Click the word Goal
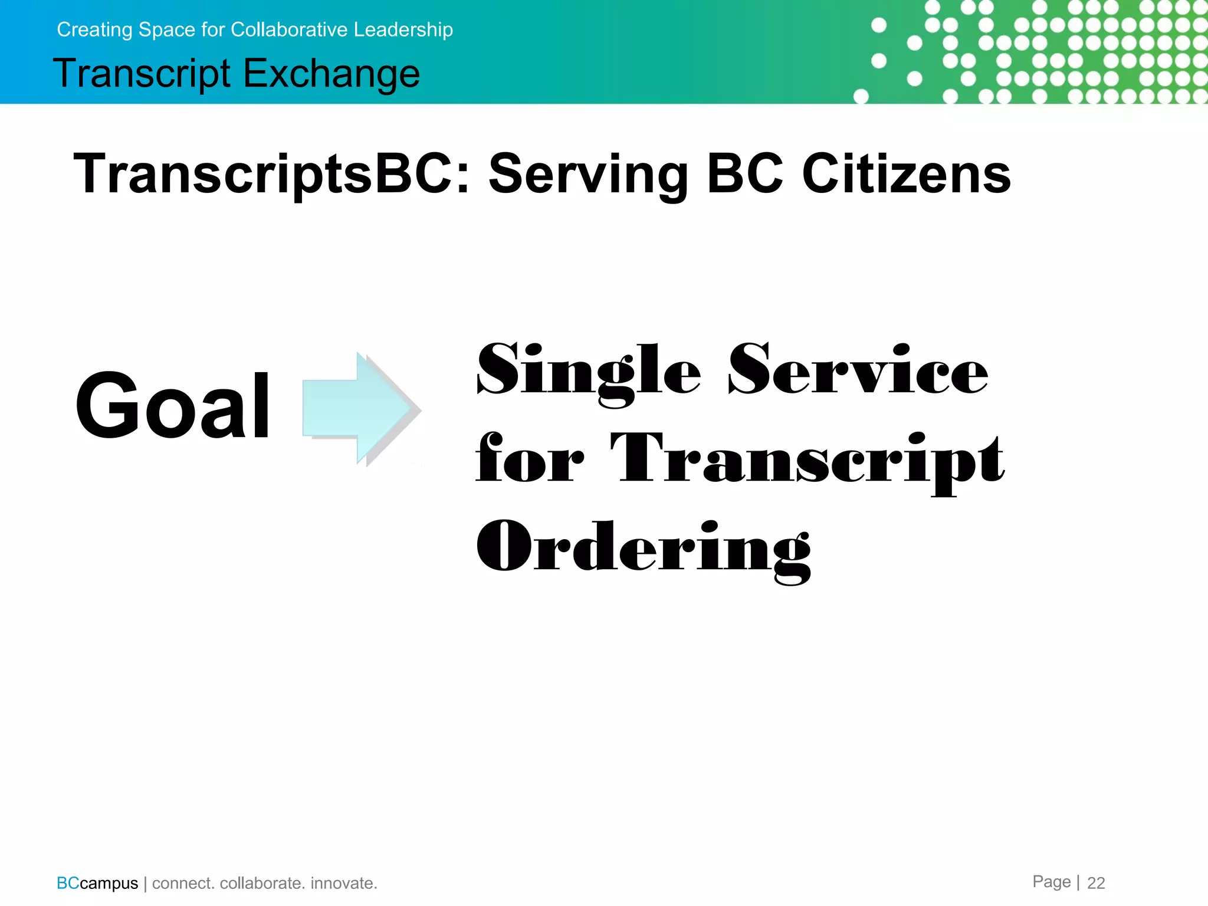click(x=173, y=406)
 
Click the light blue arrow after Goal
click(x=360, y=409)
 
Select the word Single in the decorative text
click(x=589, y=372)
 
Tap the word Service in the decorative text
click(x=858, y=370)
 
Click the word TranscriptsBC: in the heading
click(x=271, y=173)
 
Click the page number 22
click(x=1096, y=882)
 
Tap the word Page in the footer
click(x=1051, y=881)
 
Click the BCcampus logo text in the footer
click(x=97, y=883)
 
